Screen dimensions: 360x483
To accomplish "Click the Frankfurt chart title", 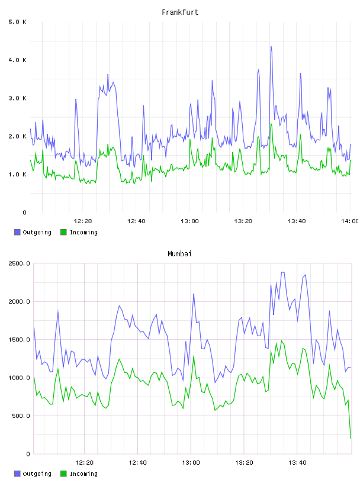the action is (x=180, y=12).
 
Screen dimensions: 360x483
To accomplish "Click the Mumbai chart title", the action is (x=179, y=253).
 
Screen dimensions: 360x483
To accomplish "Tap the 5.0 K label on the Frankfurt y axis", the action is (x=18, y=22).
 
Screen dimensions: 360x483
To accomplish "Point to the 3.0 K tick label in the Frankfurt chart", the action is (x=18, y=98).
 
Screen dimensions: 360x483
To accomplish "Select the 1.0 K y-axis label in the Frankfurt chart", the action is (x=18, y=175).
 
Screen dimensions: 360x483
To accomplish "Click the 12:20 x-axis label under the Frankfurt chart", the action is (x=83, y=221).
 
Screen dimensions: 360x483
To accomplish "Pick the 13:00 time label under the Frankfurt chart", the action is (x=190, y=221).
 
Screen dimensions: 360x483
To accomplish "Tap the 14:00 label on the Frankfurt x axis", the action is (x=350, y=221).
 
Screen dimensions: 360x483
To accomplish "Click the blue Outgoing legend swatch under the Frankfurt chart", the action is (x=17, y=232).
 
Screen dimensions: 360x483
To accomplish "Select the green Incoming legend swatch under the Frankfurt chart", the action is (x=63, y=232).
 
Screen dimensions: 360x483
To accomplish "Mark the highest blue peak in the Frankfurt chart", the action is (x=271, y=47).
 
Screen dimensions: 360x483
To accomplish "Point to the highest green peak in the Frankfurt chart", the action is (x=271, y=123).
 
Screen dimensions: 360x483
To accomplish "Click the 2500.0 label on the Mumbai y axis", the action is (x=20, y=263).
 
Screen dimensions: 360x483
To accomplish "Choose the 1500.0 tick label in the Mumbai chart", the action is (x=20, y=339).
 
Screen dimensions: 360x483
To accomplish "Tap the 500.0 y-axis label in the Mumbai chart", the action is (x=21, y=416).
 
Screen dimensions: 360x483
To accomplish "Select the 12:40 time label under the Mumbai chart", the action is (x=137, y=462).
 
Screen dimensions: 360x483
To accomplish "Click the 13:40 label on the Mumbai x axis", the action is (x=297, y=462).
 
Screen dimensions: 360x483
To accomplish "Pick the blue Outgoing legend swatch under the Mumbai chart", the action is (x=17, y=474).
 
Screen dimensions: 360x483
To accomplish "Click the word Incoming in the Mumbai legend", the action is (x=83, y=474).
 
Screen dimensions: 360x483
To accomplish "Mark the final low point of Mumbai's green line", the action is (x=351, y=439).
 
